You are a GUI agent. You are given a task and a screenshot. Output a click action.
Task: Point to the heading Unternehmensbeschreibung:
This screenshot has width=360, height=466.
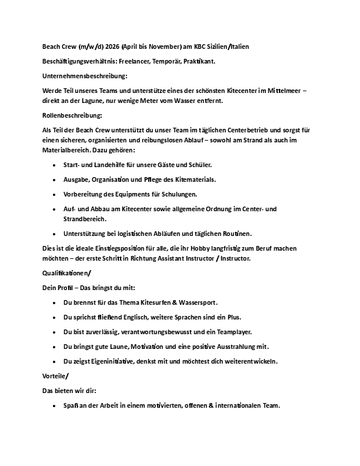[85, 76]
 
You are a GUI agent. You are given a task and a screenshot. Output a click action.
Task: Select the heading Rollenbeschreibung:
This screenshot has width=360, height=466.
[72, 116]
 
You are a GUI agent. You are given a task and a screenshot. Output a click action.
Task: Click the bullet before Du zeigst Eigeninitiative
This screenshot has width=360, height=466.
[55, 361]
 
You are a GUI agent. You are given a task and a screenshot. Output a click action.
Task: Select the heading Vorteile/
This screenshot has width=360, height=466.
[56, 375]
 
